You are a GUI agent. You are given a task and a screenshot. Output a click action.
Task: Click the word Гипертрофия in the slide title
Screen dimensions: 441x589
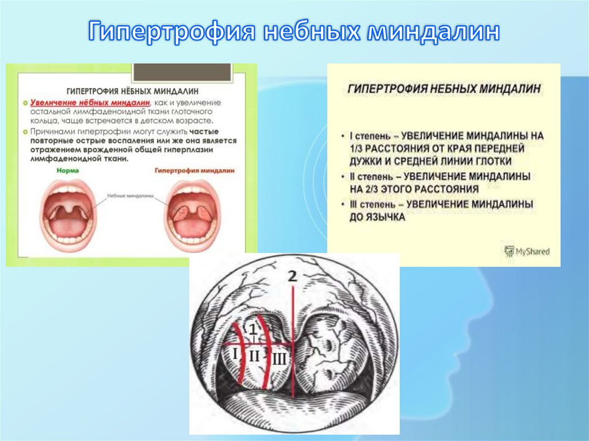(171, 32)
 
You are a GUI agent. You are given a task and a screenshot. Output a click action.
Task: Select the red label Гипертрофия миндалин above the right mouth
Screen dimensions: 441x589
(187, 171)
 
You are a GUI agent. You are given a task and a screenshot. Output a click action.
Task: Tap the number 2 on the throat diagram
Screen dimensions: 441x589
(293, 277)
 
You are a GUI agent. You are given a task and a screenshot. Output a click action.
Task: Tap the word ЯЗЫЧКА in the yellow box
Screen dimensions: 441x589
(385, 218)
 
